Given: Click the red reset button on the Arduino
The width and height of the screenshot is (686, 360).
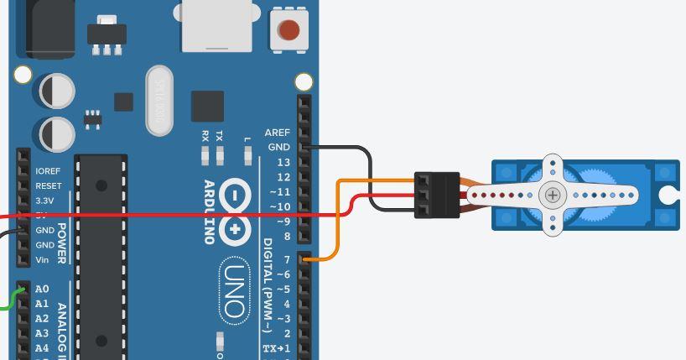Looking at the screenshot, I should [x=288, y=31].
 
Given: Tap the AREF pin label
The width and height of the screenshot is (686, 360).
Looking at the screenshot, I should [x=277, y=133].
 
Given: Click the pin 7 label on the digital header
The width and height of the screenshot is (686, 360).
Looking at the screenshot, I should [x=287, y=260].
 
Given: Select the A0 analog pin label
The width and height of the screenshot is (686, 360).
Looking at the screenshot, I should [x=42, y=290].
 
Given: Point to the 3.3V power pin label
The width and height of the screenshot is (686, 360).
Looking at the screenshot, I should [x=44, y=201].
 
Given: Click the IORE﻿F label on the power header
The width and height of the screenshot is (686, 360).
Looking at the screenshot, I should [x=48, y=171].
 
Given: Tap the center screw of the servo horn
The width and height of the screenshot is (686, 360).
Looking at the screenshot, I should [x=552, y=196].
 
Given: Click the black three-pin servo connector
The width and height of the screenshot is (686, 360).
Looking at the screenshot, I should [x=437, y=195].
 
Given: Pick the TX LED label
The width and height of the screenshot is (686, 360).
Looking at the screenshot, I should [x=220, y=135].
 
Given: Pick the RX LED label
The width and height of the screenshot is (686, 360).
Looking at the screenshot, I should [x=205, y=135].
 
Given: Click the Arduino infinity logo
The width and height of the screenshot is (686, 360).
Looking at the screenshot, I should [x=235, y=212].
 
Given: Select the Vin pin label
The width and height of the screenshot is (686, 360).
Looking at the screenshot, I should [x=42, y=260].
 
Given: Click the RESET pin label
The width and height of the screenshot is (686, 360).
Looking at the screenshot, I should [x=48, y=186].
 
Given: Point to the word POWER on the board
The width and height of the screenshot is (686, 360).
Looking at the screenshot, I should [x=61, y=243].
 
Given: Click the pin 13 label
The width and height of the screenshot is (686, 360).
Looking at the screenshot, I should [x=283, y=162].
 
